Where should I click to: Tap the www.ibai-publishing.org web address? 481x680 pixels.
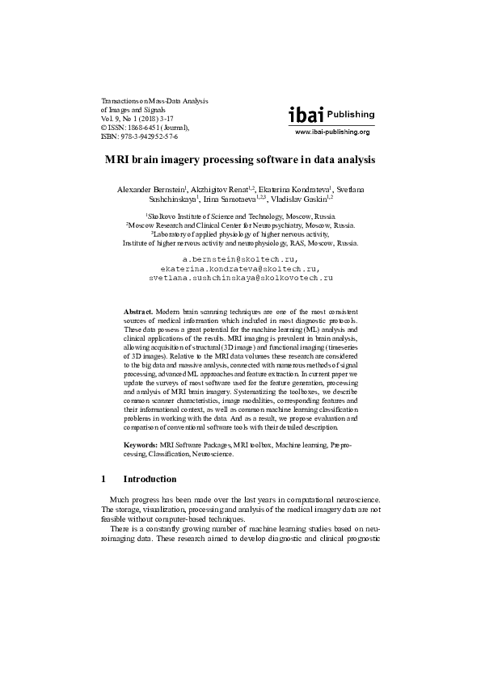pos(331,132)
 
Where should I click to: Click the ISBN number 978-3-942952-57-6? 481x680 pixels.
pos(138,136)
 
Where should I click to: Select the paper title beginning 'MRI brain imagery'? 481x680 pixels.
pos(240,160)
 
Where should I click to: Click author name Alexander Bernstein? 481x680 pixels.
pos(150,188)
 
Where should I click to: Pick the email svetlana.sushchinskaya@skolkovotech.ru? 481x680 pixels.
pos(240,277)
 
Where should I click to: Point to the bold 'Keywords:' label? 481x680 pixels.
pos(141,445)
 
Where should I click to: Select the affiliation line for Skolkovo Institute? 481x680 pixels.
pos(240,217)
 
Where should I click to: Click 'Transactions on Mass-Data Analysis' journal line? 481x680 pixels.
pos(154,101)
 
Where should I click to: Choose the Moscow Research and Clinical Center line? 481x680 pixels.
pos(240,226)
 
